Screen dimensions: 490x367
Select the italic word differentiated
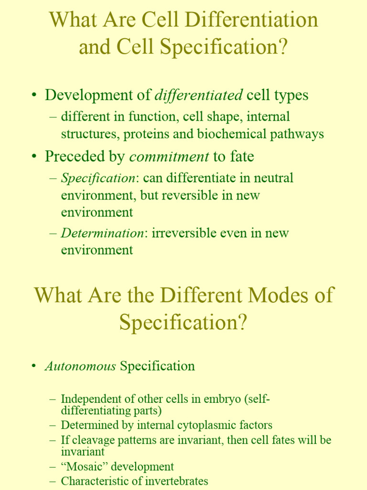(x=198, y=95)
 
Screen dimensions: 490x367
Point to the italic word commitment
(x=169, y=156)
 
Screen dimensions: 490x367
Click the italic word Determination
(x=102, y=234)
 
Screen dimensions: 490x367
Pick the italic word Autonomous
(x=80, y=367)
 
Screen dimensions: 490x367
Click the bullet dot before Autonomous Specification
(x=34, y=367)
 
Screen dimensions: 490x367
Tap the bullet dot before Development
(x=34, y=95)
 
